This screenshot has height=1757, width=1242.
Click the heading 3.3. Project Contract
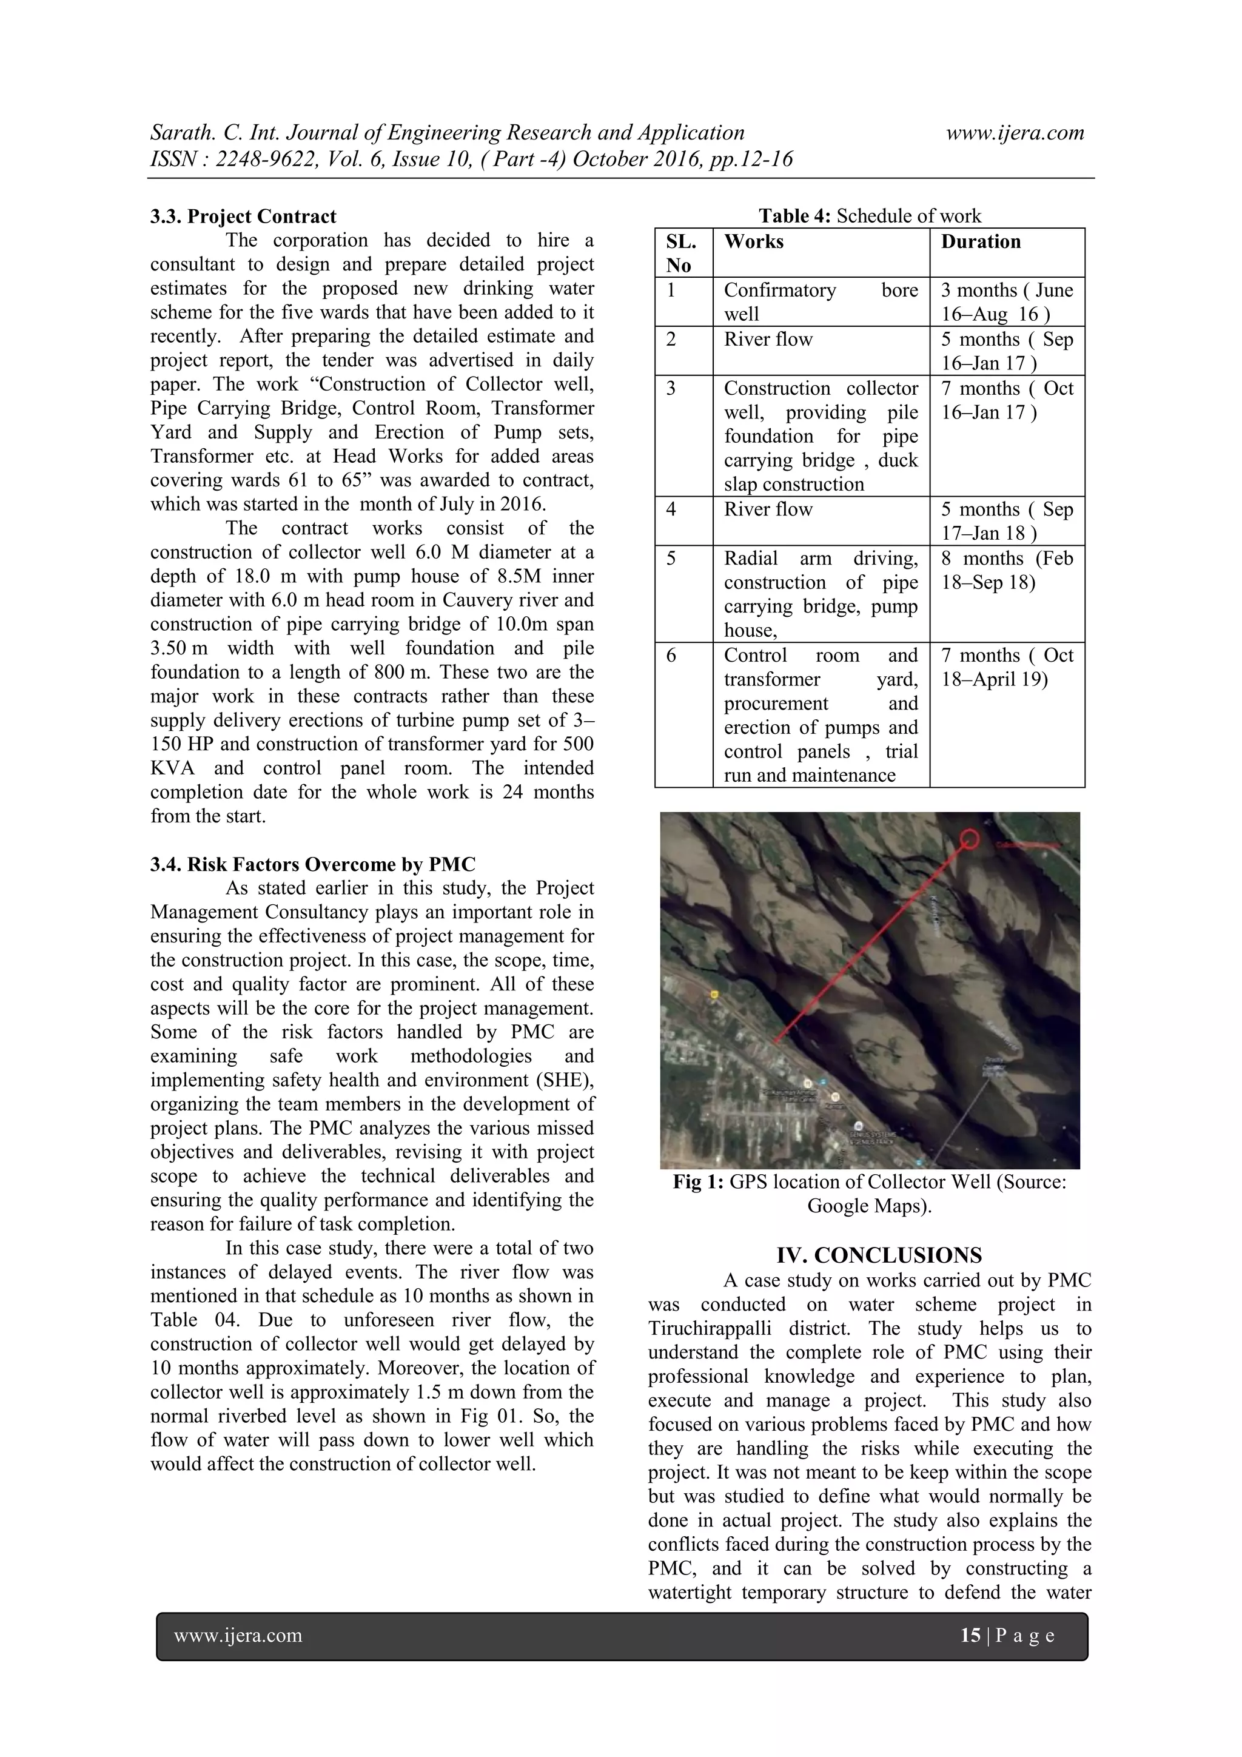(x=243, y=217)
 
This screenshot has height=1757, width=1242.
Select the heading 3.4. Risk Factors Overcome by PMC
(x=312, y=864)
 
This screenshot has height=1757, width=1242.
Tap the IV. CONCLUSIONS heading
(x=879, y=1256)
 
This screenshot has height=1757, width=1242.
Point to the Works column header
(x=754, y=242)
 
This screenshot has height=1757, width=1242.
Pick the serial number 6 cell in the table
(x=671, y=656)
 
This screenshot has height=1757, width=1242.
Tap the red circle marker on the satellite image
(x=970, y=839)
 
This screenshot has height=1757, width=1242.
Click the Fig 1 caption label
(x=697, y=1182)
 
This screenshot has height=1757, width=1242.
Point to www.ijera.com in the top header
(x=1015, y=132)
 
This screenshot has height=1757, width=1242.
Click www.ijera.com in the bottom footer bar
(x=238, y=1635)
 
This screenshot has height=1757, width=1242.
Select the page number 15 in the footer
(x=970, y=1635)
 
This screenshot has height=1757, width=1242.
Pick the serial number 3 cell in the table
(x=671, y=389)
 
